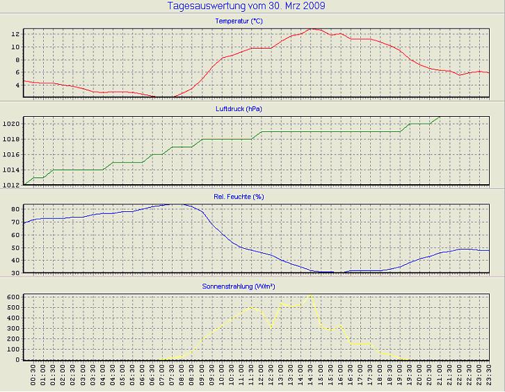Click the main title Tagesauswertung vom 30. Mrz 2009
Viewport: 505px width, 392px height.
(x=246, y=6)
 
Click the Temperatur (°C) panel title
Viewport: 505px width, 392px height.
(x=239, y=21)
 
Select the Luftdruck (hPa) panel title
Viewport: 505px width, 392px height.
(x=239, y=109)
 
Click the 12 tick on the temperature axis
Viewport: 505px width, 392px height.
(x=15, y=33)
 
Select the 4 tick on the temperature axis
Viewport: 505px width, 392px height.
(x=17, y=85)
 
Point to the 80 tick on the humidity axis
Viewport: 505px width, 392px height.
(x=15, y=209)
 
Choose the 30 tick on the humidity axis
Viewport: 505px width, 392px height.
(x=15, y=273)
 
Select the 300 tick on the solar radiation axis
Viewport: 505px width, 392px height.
(x=13, y=329)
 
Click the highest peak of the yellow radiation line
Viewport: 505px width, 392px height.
(x=311, y=295)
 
